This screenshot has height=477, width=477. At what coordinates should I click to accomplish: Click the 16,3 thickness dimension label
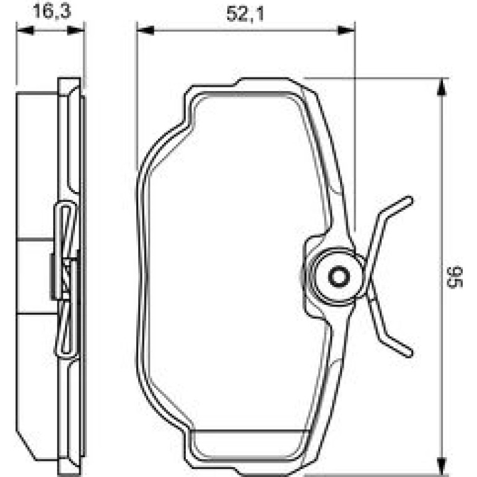coord(52,11)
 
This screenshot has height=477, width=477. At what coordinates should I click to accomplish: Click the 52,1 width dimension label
coord(245,14)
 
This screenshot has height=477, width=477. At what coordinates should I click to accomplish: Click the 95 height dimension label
coord(455,277)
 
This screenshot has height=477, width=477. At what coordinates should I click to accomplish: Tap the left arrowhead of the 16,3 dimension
coord(24,30)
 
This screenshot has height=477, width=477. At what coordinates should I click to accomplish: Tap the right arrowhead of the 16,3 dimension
coord(76,30)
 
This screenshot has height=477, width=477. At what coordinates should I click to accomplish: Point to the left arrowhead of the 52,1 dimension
coord(146,30)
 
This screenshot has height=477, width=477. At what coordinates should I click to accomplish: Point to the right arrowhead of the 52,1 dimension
coord(346,30)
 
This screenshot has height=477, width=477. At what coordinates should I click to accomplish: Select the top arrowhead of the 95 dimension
coord(442,87)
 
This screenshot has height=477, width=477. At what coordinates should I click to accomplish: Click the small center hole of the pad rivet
coord(339,276)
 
